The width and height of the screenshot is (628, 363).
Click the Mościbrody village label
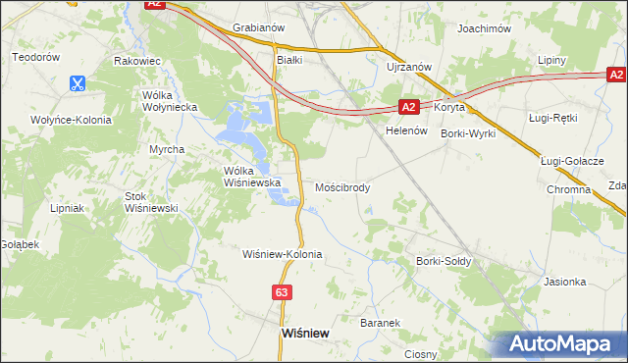point(342,186)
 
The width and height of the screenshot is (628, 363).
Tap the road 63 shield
point(282,292)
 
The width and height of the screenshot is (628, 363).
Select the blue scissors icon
point(77,84)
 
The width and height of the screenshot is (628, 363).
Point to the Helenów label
point(408,130)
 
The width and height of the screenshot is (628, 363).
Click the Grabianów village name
point(258,28)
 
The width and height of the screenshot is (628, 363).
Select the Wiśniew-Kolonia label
point(283,254)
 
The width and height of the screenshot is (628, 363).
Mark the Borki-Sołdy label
point(444,262)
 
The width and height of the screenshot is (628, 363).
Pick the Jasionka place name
point(564,282)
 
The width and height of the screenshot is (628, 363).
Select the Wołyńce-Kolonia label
point(70,120)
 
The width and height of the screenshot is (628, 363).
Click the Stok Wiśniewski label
point(150,202)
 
